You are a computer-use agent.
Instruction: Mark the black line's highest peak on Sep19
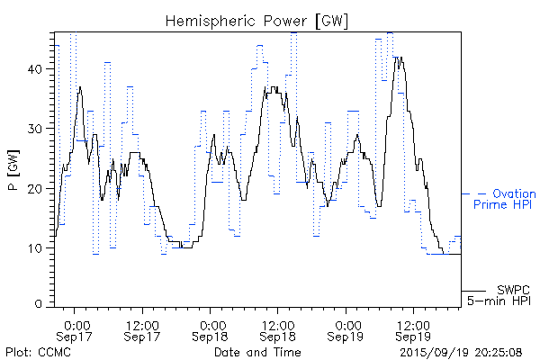coord(398,58)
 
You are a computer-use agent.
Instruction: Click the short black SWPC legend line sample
coord(475,290)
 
